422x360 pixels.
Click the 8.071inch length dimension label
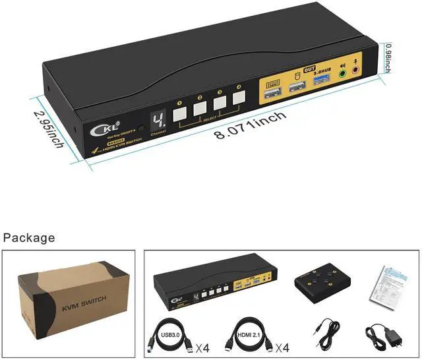pyautogui.click(x=249, y=125)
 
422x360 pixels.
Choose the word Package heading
pyautogui.click(x=29, y=237)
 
